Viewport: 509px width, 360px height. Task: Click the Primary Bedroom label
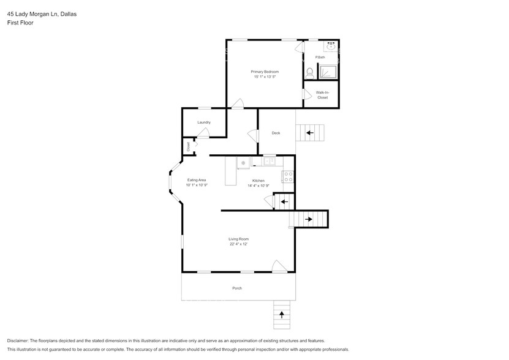pyautogui.click(x=265, y=72)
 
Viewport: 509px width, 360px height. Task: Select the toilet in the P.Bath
pyautogui.click(x=310, y=73)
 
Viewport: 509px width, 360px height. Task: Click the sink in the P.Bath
pyautogui.click(x=331, y=46)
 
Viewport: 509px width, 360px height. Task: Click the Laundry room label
pyautogui.click(x=204, y=122)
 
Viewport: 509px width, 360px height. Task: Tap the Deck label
pyautogui.click(x=276, y=133)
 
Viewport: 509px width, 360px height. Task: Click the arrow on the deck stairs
pyautogui.click(x=310, y=132)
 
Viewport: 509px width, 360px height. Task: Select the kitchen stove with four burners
pyautogui.click(x=288, y=177)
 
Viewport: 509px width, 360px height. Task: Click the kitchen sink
pyautogui.click(x=270, y=162)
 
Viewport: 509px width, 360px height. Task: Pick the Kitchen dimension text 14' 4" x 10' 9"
pyautogui.click(x=259, y=185)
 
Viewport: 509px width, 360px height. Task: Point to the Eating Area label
pyautogui.click(x=197, y=180)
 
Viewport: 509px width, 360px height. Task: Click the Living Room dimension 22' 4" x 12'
pyautogui.click(x=238, y=244)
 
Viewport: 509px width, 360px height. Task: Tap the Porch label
pyautogui.click(x=237, y=288)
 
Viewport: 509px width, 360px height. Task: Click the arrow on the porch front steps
pyautogui.click(x=282, y=315)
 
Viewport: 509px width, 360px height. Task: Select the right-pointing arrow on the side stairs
pyautogui.click(x=309, y=219)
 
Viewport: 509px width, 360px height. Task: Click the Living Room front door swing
pyautogui.click(x=279, y=266)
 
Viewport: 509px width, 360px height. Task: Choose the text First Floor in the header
pyautogui.click(x=20, y=23)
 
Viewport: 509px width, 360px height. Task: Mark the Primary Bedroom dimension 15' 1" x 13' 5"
pyautogui.click(x=265, y=77)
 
